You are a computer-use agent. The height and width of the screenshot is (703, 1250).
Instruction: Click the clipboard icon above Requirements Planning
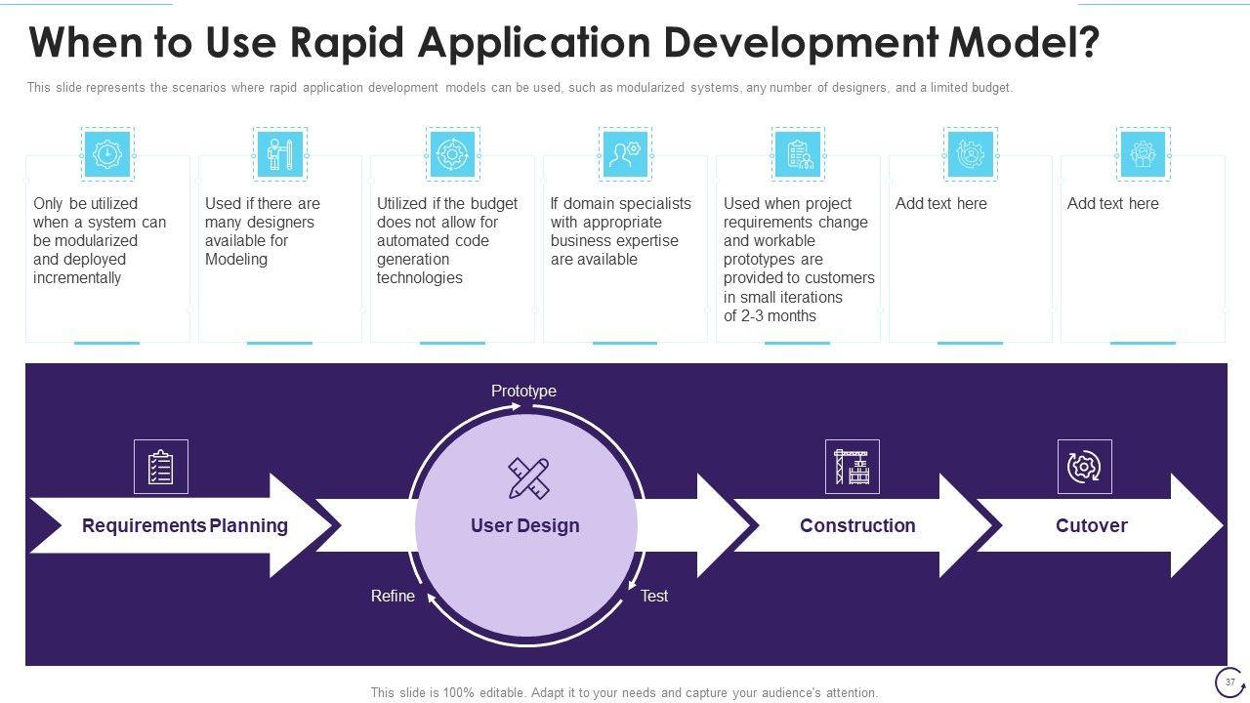click(x=160, y=467)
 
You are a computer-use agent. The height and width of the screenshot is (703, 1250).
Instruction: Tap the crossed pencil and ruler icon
click(x=528, y=477)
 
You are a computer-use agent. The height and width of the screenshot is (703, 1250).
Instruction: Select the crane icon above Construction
click(x=852, y=467)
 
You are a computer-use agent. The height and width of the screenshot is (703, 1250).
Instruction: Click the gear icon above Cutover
click(x=1084, y=467)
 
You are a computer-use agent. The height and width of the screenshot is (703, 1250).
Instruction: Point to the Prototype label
click(x=523, y=391)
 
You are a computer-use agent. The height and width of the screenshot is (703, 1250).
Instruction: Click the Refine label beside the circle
click(x=393, y=596)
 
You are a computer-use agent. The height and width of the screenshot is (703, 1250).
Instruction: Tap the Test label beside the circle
click(x=654, y=596)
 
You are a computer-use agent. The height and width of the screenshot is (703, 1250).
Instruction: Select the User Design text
click(x=525, y=525)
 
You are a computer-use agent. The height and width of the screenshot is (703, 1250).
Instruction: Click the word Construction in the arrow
click(x=857, y=525)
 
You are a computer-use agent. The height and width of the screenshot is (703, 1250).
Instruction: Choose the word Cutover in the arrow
click(x=1092, y=525)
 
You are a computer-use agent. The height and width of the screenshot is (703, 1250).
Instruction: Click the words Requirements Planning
click(x=185, y=525)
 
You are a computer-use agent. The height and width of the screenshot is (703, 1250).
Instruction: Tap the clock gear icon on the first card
click(x=106, y=154)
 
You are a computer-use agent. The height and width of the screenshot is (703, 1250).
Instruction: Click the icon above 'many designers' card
click(x=279, y=154)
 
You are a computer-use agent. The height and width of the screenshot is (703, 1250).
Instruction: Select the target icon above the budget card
click(x=452, y=154)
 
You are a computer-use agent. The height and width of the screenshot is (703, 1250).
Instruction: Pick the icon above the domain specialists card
click(x=625, y=154)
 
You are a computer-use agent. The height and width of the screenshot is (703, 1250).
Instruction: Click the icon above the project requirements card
click(x=798, y=154)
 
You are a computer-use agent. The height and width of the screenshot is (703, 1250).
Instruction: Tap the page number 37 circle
click(x=1229, y=682)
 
